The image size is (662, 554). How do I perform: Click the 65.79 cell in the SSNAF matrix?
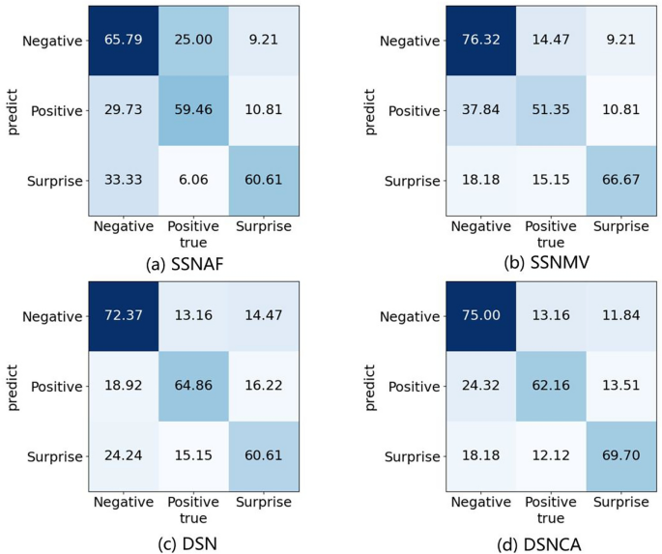124,40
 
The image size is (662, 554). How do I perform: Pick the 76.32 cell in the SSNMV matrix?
480,40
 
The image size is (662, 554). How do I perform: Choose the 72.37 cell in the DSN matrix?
124,315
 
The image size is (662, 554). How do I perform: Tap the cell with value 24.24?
124,456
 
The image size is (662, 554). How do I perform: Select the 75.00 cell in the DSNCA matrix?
480,315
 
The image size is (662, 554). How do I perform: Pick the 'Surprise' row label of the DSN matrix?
57,456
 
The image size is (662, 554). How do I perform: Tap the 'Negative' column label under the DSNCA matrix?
480,501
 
